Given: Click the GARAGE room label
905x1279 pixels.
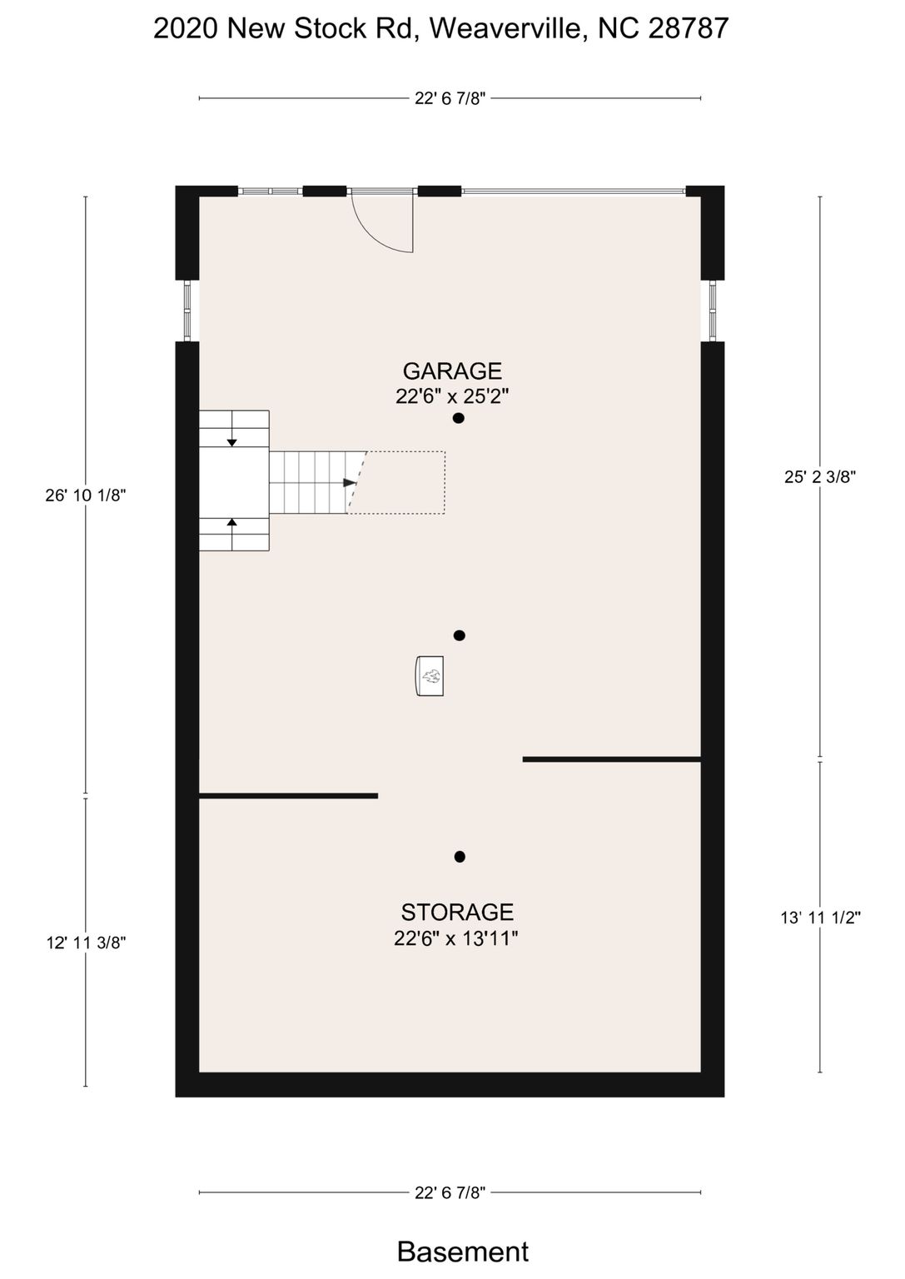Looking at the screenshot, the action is coord(452,371).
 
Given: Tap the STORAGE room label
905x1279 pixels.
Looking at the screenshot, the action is coord(457,912).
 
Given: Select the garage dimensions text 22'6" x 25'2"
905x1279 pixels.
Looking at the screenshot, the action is coord(451,396).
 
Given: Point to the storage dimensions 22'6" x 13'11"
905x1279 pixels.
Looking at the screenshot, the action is coord(455,938).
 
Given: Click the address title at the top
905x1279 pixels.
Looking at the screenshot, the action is coord(440,28).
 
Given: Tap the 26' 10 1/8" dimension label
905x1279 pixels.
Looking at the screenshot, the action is coord(86,495).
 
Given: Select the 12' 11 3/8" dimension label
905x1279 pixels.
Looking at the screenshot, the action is coord(87,942).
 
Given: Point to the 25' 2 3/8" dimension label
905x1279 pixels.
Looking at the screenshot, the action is coord(820,477).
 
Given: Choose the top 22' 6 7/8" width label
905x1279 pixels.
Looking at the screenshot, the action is coord(450,99).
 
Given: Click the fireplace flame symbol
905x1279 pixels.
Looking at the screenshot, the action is coord(431,677).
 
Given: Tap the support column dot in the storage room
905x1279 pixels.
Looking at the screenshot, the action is coord(460,857).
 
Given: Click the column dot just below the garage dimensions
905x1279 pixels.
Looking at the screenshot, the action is coord(458,418).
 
